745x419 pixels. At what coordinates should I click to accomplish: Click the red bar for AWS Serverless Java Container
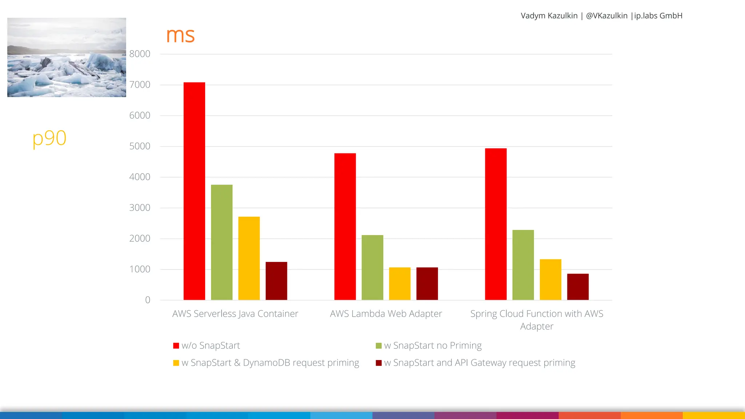coord(194,191)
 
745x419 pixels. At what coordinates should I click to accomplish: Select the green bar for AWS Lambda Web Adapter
coord(372,267)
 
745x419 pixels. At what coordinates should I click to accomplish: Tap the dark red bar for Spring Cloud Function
coord(578,287)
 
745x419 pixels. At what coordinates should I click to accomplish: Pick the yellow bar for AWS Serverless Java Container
coord(249,258)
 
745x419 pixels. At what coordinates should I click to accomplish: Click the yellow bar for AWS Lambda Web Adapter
coord(399,284)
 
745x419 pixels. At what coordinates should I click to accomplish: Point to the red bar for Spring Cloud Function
coord(495,224)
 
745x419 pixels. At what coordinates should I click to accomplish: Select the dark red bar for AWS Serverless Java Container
coord(276,281)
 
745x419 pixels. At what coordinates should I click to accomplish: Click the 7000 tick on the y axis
coord(140,85)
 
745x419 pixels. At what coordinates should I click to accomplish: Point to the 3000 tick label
coord(140,208)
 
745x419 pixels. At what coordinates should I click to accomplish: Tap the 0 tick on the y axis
coord(147,300)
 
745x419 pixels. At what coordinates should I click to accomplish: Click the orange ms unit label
coord(180,35)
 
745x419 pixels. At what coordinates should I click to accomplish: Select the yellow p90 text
coord(49,138)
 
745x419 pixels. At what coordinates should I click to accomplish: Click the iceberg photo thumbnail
coord(67,57)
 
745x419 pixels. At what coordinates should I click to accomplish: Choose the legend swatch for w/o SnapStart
coord(176,346)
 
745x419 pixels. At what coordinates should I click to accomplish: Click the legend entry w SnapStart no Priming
coord(433,346)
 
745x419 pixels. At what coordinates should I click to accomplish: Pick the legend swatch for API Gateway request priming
coord(379,363)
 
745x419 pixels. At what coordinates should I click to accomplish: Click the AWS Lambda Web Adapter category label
coord(386,314)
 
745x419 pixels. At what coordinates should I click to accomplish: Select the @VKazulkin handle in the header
coord(606,16)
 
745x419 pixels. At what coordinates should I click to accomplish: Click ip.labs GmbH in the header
coord(658,16)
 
